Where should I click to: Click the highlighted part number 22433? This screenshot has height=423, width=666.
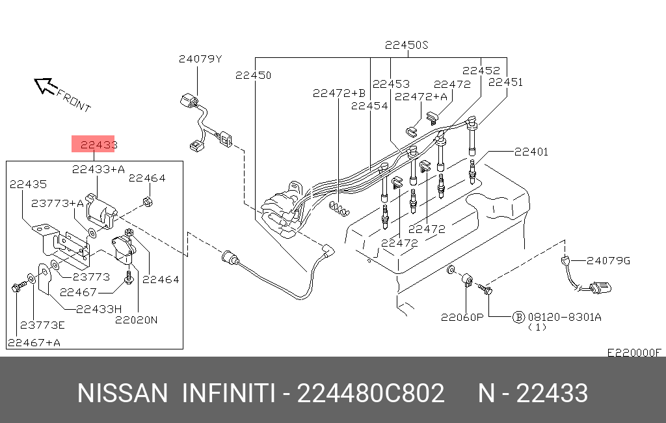[x=94, y=144]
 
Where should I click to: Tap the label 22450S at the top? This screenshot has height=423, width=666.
[x=407, y=46]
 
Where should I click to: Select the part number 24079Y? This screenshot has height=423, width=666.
[x=200, y=59]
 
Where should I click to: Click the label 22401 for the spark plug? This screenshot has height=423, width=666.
[x=531, y=152]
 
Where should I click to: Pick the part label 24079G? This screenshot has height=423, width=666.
[x=608, y=260]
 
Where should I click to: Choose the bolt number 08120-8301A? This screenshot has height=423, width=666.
[x=565, y=317]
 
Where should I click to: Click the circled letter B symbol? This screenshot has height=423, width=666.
[x=518, y=317]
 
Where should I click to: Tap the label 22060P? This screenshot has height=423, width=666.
[x=462, y=318]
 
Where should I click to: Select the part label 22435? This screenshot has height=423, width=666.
[x=28, y=184]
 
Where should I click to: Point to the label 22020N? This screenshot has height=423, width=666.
[x=137, y=320]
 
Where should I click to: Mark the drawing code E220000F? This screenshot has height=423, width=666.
[x=633, y=353]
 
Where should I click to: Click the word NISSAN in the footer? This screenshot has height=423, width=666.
[x=122, y=393]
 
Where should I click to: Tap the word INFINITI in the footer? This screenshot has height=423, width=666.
[x=227, y=393]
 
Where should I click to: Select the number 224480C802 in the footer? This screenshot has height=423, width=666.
[x=370, y=393]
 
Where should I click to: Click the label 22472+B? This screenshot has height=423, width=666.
[x=339, y=94]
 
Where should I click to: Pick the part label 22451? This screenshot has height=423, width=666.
[x=505, y=82]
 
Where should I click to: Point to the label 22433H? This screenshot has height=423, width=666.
[x=99, y=308]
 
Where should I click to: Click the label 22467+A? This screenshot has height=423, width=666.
[x=34, y=342]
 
